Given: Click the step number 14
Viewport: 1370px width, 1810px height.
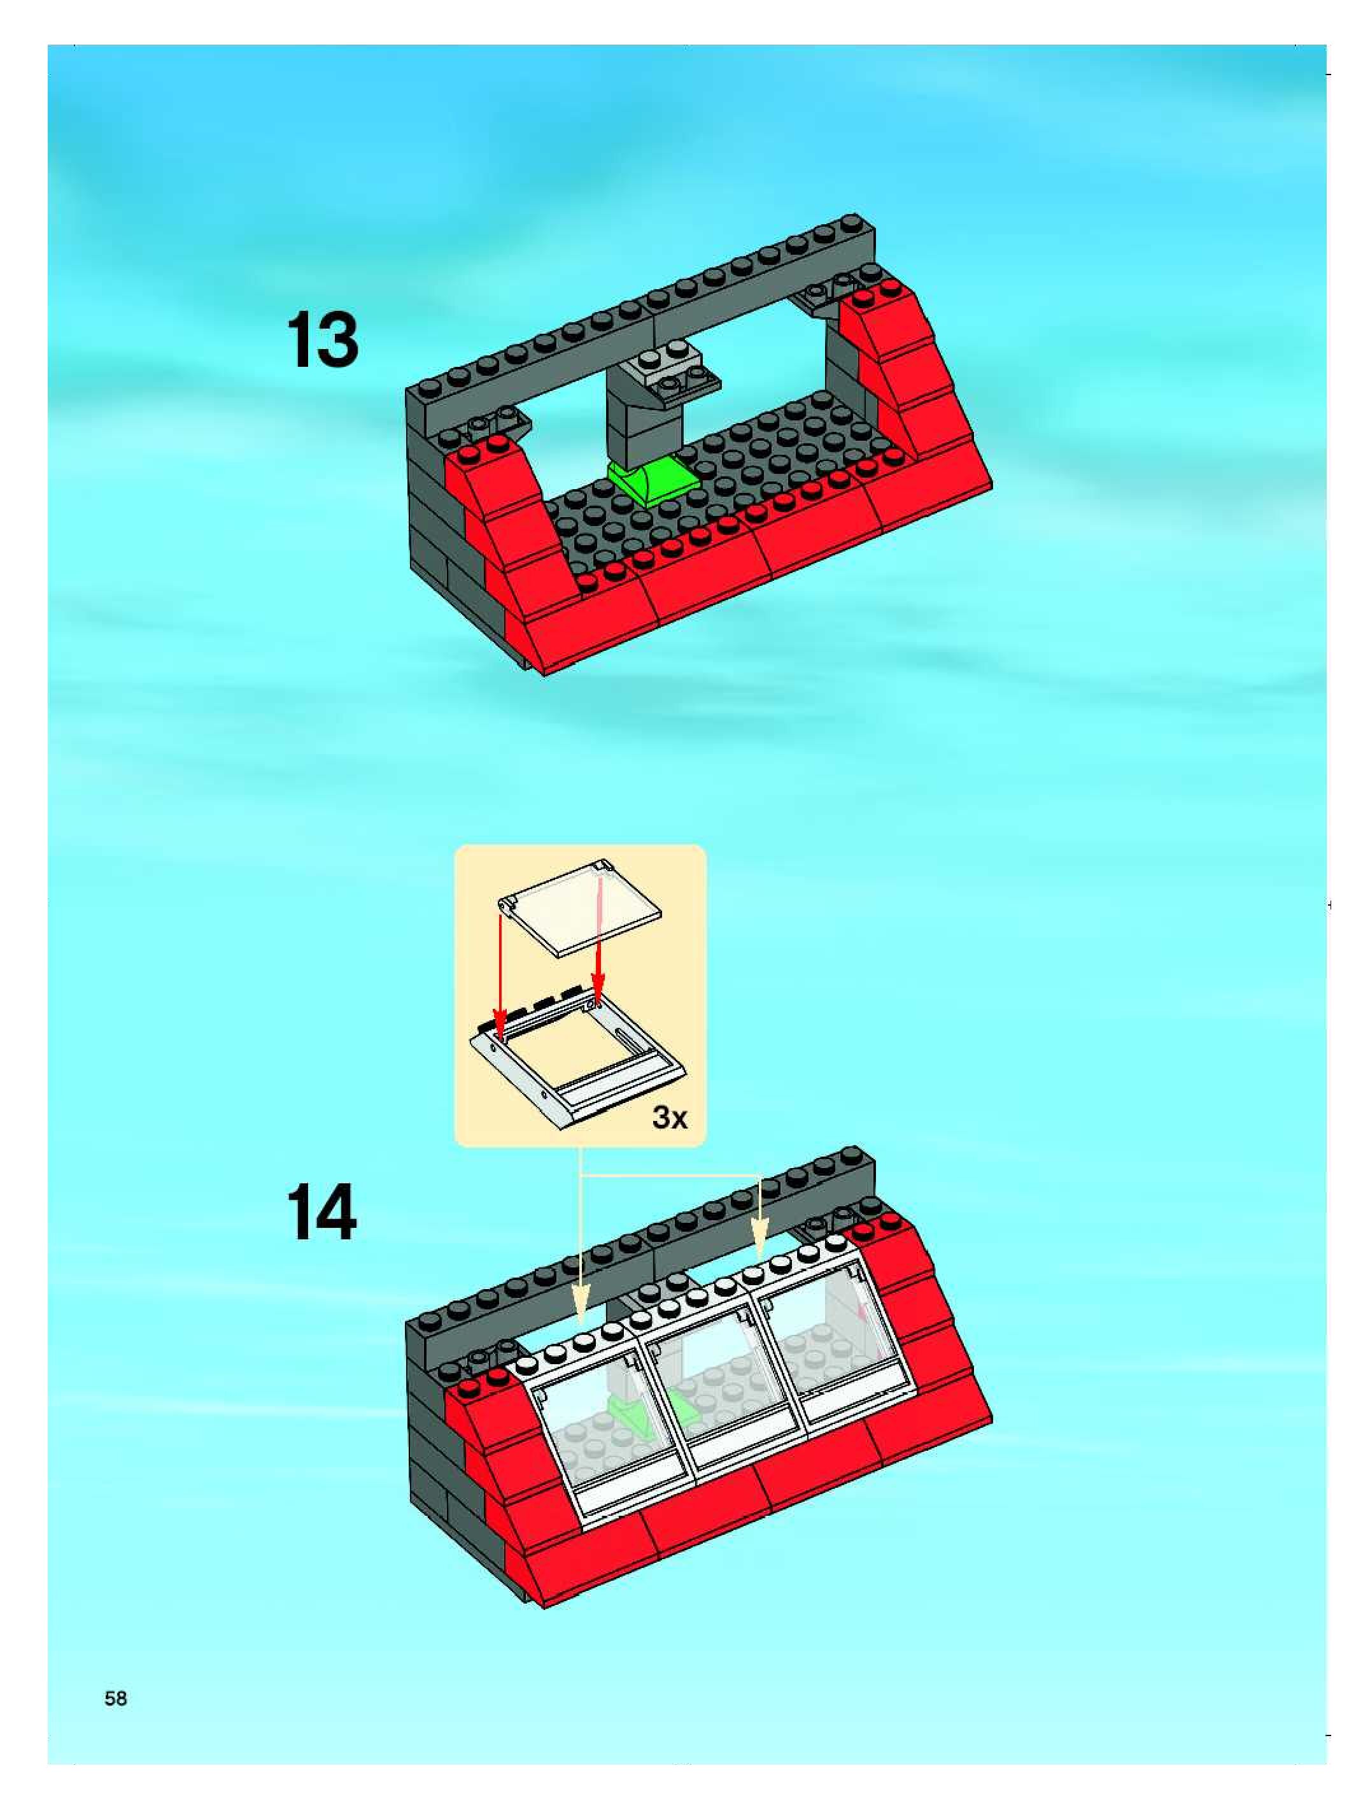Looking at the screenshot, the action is tap(321, 1212).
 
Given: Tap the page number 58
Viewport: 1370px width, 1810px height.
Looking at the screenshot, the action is tap(116, 1699).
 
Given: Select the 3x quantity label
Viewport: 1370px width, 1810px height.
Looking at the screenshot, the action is tap(670, 1118).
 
